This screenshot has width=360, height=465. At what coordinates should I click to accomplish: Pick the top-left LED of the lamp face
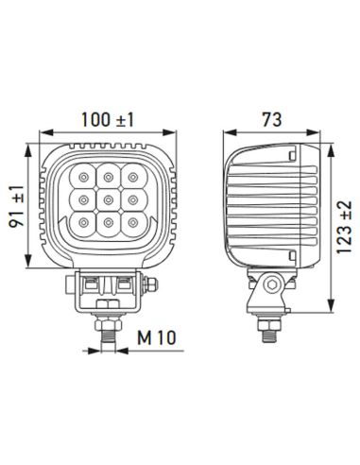(x=85, y=177)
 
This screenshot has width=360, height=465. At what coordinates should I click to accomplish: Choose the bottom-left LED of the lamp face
(x=85, y=223)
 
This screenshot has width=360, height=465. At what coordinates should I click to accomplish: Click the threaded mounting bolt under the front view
(x=107, y=327)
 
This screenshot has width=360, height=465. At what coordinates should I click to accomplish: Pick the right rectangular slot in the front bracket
(x=123, y=283)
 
